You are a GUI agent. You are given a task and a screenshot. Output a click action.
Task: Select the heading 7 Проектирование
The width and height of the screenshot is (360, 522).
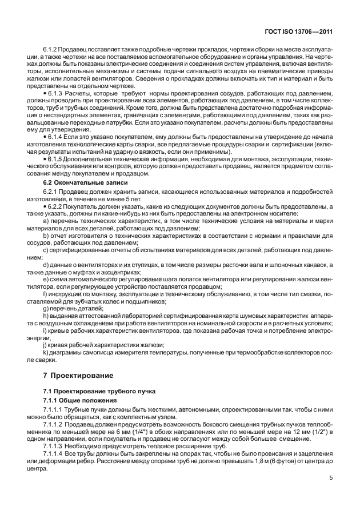tap(74, 376)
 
